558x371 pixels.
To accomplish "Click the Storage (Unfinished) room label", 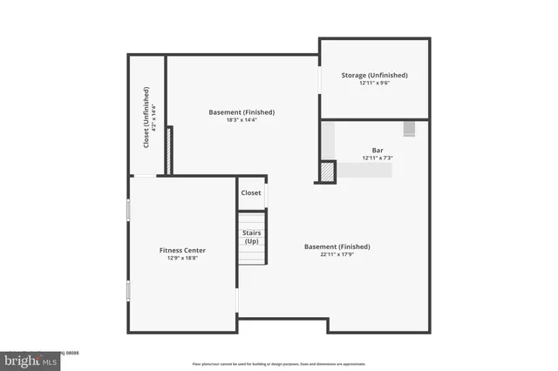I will [x=374, y=75].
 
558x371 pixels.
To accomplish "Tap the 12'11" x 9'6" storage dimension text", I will [x=374, y=84].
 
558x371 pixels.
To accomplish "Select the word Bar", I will [x=378, y=149].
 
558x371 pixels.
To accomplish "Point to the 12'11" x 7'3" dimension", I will [x=378, y=158].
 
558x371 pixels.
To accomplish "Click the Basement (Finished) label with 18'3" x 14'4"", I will [x=242, y=111].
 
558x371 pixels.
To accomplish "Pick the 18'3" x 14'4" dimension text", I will [x=242, y=120].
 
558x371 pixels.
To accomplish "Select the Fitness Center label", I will [x=182, y=250].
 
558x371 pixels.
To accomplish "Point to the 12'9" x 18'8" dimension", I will [x=182, y=259].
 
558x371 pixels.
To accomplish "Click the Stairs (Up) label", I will [x=251, y=237].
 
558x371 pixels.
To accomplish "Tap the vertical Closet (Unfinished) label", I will [x=146, y=117].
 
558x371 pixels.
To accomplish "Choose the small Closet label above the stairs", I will [x=251, y=192].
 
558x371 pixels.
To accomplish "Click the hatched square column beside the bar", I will [x=327, y=172].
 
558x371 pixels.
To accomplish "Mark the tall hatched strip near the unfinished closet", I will [x=171, y=151].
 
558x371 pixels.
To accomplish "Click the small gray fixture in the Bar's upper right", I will [x=409, y=129].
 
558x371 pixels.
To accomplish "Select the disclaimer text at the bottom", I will [x=279, y=364].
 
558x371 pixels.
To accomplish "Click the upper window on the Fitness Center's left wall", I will [x=129, y=210].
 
